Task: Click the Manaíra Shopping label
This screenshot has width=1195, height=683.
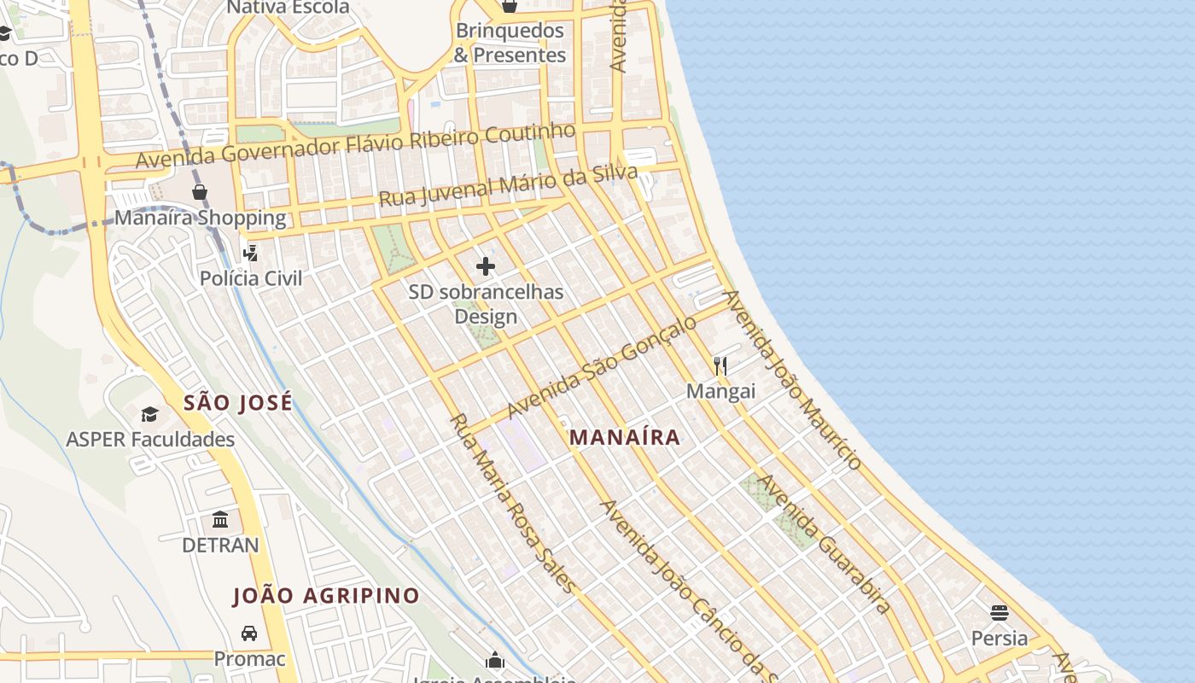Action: [x=201, y=218]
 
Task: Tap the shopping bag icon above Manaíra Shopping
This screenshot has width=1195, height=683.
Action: [x=200, y=192]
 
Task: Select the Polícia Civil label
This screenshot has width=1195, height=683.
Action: [x=251, y=278]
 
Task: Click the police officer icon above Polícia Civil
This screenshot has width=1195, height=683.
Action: [x=250, y=253]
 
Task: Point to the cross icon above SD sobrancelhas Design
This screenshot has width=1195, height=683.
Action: [x=486, y=266]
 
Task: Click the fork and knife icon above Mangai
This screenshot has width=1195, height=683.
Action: [x=721, y=366]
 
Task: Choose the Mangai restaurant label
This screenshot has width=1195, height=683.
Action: [x=721, y=392]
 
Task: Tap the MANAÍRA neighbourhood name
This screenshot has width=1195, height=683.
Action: [x=625, y=438]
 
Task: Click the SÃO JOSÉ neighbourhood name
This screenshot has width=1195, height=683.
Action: [x=238, y=403]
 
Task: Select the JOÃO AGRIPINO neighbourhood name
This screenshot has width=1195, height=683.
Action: [x=327, y=596]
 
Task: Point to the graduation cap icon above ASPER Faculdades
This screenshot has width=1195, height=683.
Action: [x=150, y=414]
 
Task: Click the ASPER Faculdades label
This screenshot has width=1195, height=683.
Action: [x=150, y=440]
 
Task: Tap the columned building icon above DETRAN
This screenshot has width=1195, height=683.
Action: [x=220, y=519]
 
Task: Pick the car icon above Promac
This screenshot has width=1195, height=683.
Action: [x=248, y=633]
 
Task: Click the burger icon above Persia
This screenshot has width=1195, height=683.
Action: [x=1000, y=612]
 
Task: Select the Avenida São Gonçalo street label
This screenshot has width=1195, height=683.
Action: [x=601, y=368]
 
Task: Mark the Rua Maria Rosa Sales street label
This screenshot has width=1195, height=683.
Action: [x=512, y=504]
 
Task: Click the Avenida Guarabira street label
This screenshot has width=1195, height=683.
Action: [x=825, y=544]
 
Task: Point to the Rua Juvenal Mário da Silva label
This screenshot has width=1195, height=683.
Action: [x=508, y=186]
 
